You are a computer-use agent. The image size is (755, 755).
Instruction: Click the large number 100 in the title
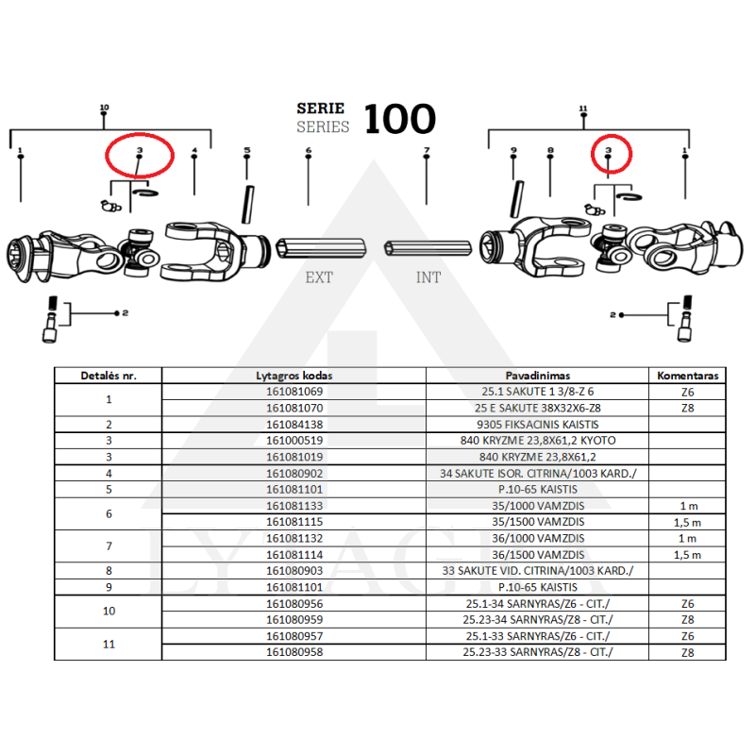pos(399,119)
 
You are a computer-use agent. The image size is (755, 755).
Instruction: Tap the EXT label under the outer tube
pos(319,277)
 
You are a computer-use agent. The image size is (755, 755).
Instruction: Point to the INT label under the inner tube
pos(428,277)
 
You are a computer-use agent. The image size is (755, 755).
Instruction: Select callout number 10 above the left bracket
pos(104,109)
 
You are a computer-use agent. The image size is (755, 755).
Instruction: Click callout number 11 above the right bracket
pos(583,109)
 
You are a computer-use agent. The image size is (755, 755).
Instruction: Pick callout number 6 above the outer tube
pos(309,151)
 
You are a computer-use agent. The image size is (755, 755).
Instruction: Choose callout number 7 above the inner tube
pos(427,151)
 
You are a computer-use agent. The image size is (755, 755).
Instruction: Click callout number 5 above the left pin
pos(247,151)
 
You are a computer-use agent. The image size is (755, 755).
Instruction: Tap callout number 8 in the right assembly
pos(549,151)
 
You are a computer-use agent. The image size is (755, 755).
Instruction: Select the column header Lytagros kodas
pos(295,375)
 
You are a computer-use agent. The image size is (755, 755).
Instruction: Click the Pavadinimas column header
pos(537,375)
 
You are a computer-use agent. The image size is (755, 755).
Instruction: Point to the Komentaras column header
pos(687,375)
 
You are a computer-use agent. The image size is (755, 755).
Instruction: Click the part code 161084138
pos(295,425)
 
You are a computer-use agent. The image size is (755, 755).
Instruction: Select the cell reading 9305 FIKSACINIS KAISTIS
pos(537,425)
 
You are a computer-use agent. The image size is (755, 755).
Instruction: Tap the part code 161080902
pos(295,473)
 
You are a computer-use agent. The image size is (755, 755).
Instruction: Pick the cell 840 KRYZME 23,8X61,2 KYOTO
pos(537,441)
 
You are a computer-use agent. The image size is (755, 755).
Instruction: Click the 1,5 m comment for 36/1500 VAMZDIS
pos(687,555)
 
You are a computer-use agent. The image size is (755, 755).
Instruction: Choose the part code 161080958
pos(295,651)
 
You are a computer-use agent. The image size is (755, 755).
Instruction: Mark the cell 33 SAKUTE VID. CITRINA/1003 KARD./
pos(537,571)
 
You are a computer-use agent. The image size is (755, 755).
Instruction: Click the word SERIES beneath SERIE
pos(323,126)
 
